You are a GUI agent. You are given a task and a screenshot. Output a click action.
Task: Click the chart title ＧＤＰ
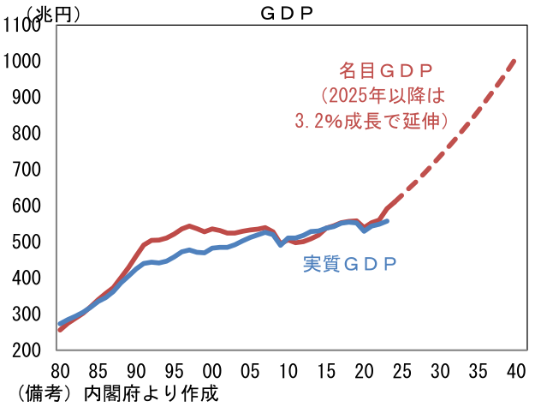286,13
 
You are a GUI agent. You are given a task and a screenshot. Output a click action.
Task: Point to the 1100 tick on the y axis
22,26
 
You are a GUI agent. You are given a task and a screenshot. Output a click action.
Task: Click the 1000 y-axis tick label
22,62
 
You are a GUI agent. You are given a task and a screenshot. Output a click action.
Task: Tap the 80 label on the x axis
60,372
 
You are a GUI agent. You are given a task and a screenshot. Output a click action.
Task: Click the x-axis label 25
402,372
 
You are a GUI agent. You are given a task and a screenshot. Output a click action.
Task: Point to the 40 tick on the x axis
515,372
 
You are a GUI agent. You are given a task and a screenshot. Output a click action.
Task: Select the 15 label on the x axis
326,372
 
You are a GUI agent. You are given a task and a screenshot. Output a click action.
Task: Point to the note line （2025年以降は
383,95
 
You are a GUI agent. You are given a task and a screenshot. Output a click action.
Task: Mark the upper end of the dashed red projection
515,60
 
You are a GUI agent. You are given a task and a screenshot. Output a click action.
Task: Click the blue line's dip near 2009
281,244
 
